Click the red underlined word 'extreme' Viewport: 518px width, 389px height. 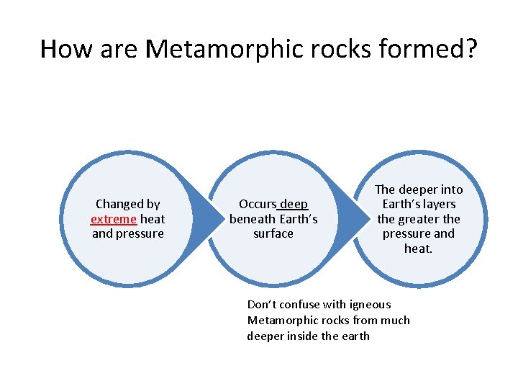[114, 219]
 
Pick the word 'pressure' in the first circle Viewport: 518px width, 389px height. [141, 233]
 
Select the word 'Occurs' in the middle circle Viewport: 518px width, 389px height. [257, 204]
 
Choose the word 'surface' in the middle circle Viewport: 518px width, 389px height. [273, 233]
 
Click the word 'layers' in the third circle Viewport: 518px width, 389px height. [439, 204]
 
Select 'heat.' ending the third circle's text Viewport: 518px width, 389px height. [419, 249]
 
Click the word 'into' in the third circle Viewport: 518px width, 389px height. [451, 189]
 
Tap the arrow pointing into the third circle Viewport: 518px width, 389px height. [353, 216]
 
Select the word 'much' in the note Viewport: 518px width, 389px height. [396, 321]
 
